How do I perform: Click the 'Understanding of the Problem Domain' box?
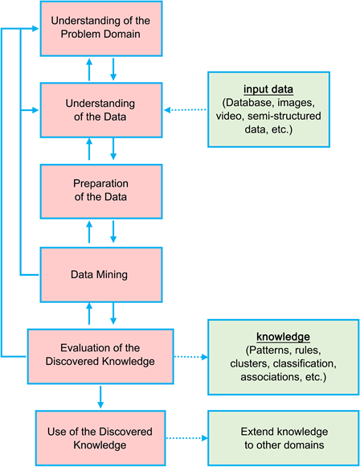coord(101,28)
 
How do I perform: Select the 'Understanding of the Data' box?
coord(101,110)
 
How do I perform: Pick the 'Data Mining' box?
coord(101,274)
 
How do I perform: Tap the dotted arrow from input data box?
coord(186,111)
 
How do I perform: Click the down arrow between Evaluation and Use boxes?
coord(101,395)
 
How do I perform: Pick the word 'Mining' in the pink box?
coord(115,274)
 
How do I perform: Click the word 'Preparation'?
coord(101,185)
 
